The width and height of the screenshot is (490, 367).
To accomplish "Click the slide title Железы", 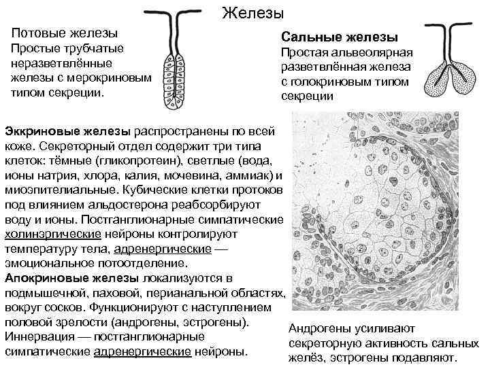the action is click(252, 13).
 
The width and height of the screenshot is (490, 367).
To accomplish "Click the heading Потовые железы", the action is click(65, 33).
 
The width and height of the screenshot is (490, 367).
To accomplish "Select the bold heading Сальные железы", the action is click(340, 37).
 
